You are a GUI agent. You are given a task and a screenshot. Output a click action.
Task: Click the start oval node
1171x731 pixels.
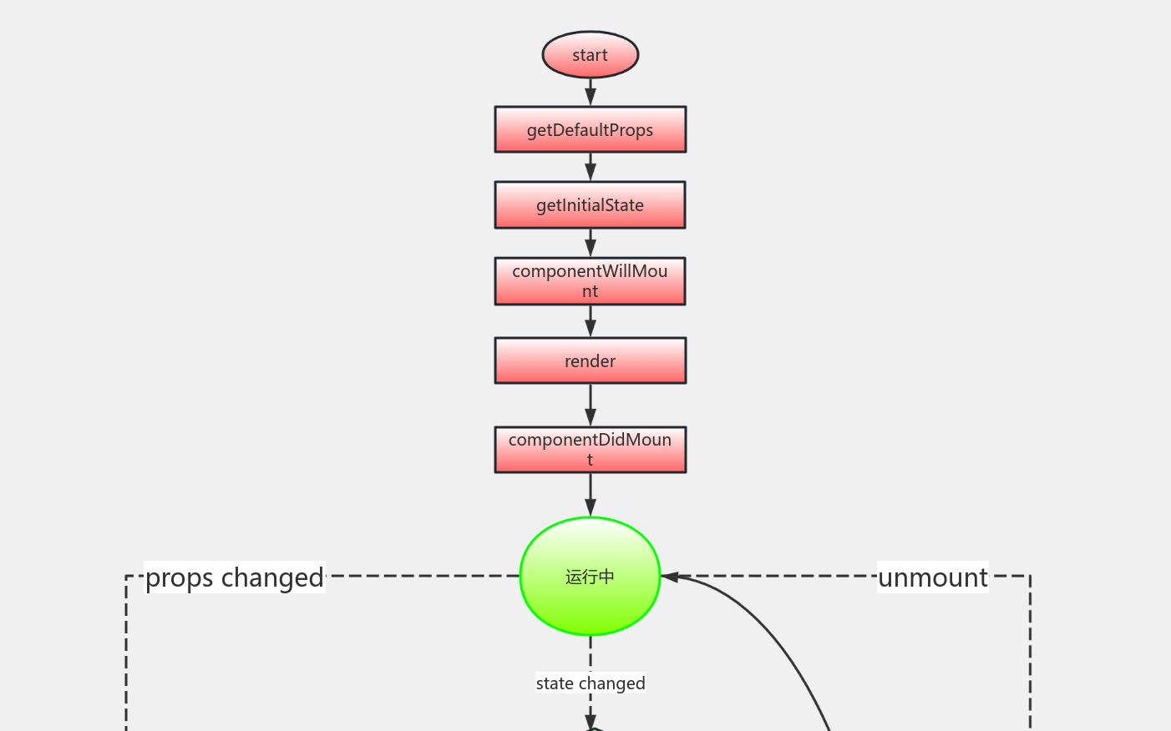[591, 55]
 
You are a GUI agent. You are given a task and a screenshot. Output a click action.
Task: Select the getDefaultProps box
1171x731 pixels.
[591, 129]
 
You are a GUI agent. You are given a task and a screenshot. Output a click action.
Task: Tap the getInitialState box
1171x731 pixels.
[591, 205]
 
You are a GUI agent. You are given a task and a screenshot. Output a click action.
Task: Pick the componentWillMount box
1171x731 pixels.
[591, 281]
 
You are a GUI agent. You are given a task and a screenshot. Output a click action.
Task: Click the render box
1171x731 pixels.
[591, 360]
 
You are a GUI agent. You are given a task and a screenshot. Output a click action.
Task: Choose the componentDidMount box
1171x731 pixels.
[591, 450]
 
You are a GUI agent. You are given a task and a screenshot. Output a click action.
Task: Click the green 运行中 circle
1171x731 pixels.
[591, 577]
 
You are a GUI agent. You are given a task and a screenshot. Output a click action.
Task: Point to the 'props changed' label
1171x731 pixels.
[235, 577]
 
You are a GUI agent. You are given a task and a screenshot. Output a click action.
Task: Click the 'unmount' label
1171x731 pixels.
[933, 577]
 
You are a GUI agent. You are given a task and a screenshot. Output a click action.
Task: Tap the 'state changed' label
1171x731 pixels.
[591, 683]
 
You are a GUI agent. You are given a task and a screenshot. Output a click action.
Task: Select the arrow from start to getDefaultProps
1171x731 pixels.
[591, 92]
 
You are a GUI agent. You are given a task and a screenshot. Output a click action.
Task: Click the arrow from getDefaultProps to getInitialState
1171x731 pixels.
[591, 167]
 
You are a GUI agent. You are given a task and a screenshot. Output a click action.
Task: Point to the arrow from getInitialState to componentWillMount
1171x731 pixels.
[591, 243]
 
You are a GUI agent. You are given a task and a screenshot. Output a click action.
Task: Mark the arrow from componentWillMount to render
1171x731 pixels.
[591, 321]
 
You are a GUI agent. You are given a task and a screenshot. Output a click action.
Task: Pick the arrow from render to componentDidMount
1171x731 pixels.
[591, 406]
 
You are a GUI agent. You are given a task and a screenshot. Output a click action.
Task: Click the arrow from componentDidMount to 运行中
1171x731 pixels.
[591, 495]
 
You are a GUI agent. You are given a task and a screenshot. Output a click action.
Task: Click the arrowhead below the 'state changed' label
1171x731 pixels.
[591, 721]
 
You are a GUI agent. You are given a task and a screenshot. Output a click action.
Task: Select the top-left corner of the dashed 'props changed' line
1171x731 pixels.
[126, 576]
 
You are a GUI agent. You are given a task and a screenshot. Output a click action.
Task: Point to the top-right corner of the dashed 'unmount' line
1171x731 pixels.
[1030, 576]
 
